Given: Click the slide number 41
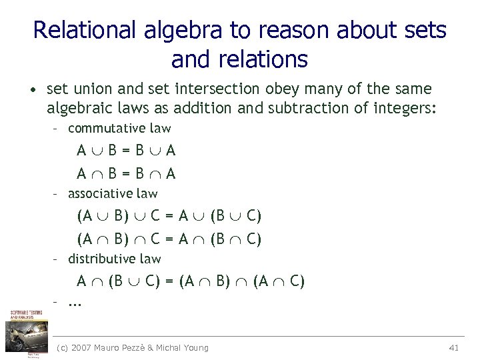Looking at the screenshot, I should coord(455,347).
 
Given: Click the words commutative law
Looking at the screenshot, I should coord(119,128).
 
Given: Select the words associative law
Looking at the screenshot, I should coord(113,193).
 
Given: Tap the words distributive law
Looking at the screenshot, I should coord(115,259).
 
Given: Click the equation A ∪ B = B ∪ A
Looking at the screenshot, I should coord(126,151).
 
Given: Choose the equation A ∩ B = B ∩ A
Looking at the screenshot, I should coord(126,174).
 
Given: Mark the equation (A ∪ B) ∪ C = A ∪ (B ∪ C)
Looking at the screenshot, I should coord(169,216).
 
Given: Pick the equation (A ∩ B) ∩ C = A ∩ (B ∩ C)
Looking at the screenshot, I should coord(169,239).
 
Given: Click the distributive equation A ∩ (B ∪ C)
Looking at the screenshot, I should coord(190,281).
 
